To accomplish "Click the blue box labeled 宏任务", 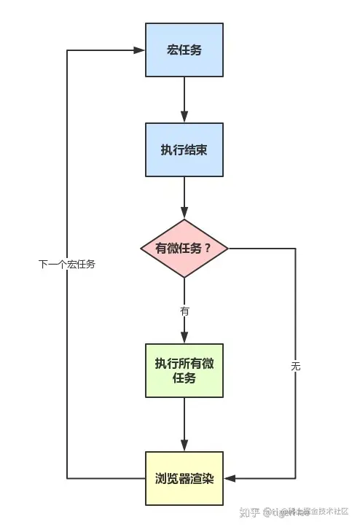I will pyautogui.click(x=184, y=50).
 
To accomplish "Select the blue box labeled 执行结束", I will pyautogui.click(x=184, y=150).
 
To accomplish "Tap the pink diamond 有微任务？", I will pyautogui.click(x=184, y=249).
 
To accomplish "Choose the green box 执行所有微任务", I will pyautogui.click(x=184, y=370).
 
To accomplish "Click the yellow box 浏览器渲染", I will pyautogui.click(x=184, y=478).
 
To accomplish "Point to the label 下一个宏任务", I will pyautogui.click(x=67, y=264).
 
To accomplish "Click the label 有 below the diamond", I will pyautogui.click(x=184, y=311).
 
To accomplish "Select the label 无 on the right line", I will pyautogui.click(x=295, y=367).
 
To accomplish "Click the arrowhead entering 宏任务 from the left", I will pyautogui.click(x=140, y=50).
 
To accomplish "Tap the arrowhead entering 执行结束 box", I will pyautogui.click(x=184, y=118).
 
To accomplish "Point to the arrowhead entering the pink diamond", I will pyautogui.click(x=184, y=215).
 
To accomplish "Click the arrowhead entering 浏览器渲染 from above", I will pyautogui.click(x=184, y=447).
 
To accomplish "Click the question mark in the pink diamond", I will pyautogui.click(x=208, y=249).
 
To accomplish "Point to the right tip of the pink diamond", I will pyautogui.click(x=228, y=249).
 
